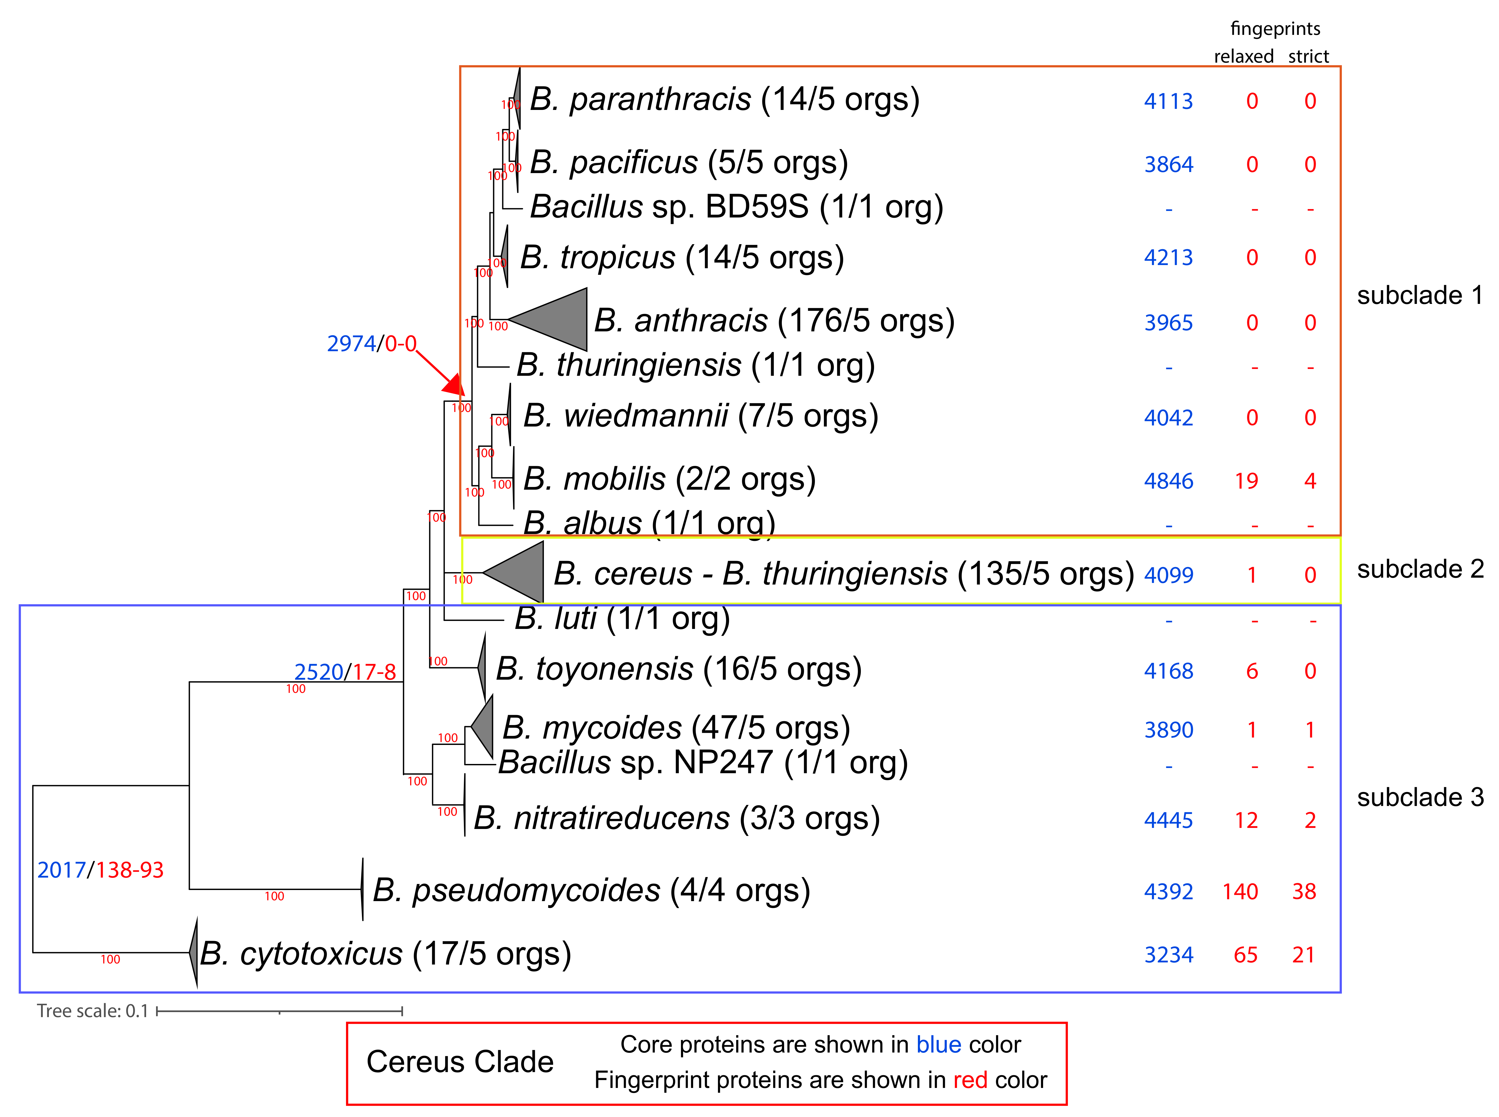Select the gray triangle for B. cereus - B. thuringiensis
520,572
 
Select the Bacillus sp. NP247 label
703,763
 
